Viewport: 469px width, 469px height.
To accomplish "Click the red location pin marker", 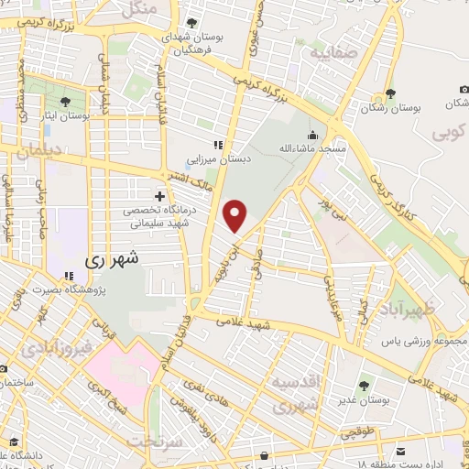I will tap(236, 216).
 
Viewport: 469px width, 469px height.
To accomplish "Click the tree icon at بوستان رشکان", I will tap(390, 93).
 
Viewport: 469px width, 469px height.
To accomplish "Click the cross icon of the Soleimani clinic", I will tap(159, 196).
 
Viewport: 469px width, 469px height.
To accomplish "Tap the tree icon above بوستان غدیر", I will tap(365, 386).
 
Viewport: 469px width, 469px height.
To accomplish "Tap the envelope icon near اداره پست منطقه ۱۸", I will tap(401, 451).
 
